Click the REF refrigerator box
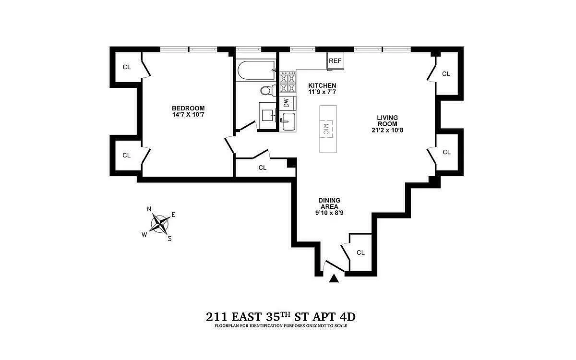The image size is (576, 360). [x=336, y=60]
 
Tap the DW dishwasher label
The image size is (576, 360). [x=287, y=103]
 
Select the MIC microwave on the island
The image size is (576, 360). [x=326, y=129]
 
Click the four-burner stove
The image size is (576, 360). [x=288, y=82]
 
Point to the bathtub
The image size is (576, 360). [x=256, y=70]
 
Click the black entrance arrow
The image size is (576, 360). [x=334, y=278]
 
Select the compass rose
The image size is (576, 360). [x=160, y=224]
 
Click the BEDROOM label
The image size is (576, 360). [x=188, y=108]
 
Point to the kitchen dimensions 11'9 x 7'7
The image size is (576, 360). [x=322, y=92]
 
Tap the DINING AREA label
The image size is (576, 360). [x=329, y=204]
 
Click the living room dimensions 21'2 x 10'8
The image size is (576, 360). [x=387, y=130]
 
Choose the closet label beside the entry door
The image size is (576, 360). [x=361, y=252]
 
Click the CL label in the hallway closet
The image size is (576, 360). [x=262, y=168]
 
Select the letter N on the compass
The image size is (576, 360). [x=149, y=209]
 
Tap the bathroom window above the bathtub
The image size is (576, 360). [x=249, y=49]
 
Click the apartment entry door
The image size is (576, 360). [x=334, y=267]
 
